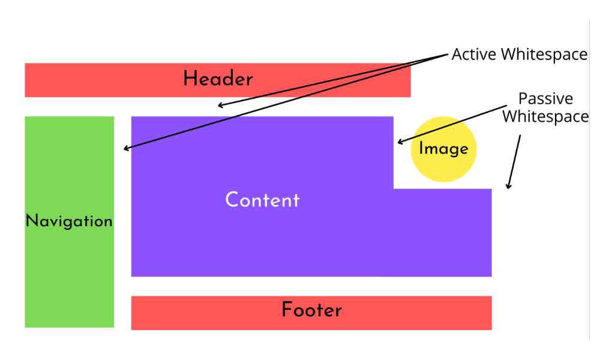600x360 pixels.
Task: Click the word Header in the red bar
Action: [218, 79]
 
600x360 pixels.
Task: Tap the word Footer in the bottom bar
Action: [311, 310]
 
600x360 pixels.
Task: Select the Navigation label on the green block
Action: [69, 221]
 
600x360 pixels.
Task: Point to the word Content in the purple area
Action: [262, 200]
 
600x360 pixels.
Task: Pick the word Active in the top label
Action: [475, 55]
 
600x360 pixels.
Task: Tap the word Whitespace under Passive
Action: [545, 116]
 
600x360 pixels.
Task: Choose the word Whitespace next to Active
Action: [544, 55]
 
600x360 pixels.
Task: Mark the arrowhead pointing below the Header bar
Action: [220, 106]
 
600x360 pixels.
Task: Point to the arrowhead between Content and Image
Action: [398, 143]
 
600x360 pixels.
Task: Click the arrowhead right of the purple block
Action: [509, 187]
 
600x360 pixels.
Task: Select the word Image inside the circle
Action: [443, 148]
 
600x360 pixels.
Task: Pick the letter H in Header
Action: [190, 79]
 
